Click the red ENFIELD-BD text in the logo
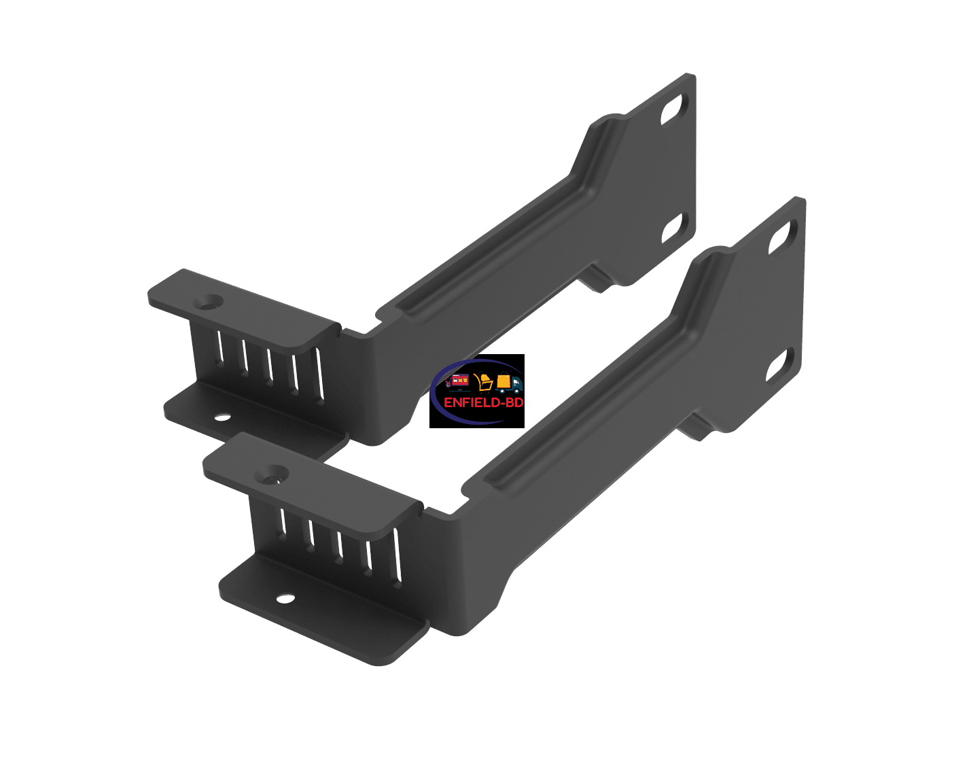coord(484,402)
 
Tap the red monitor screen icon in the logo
coord(460,381)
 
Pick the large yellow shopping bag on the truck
coord(503,381)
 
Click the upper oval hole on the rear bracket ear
coord(674,109)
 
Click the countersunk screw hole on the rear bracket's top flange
coord(208,301)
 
